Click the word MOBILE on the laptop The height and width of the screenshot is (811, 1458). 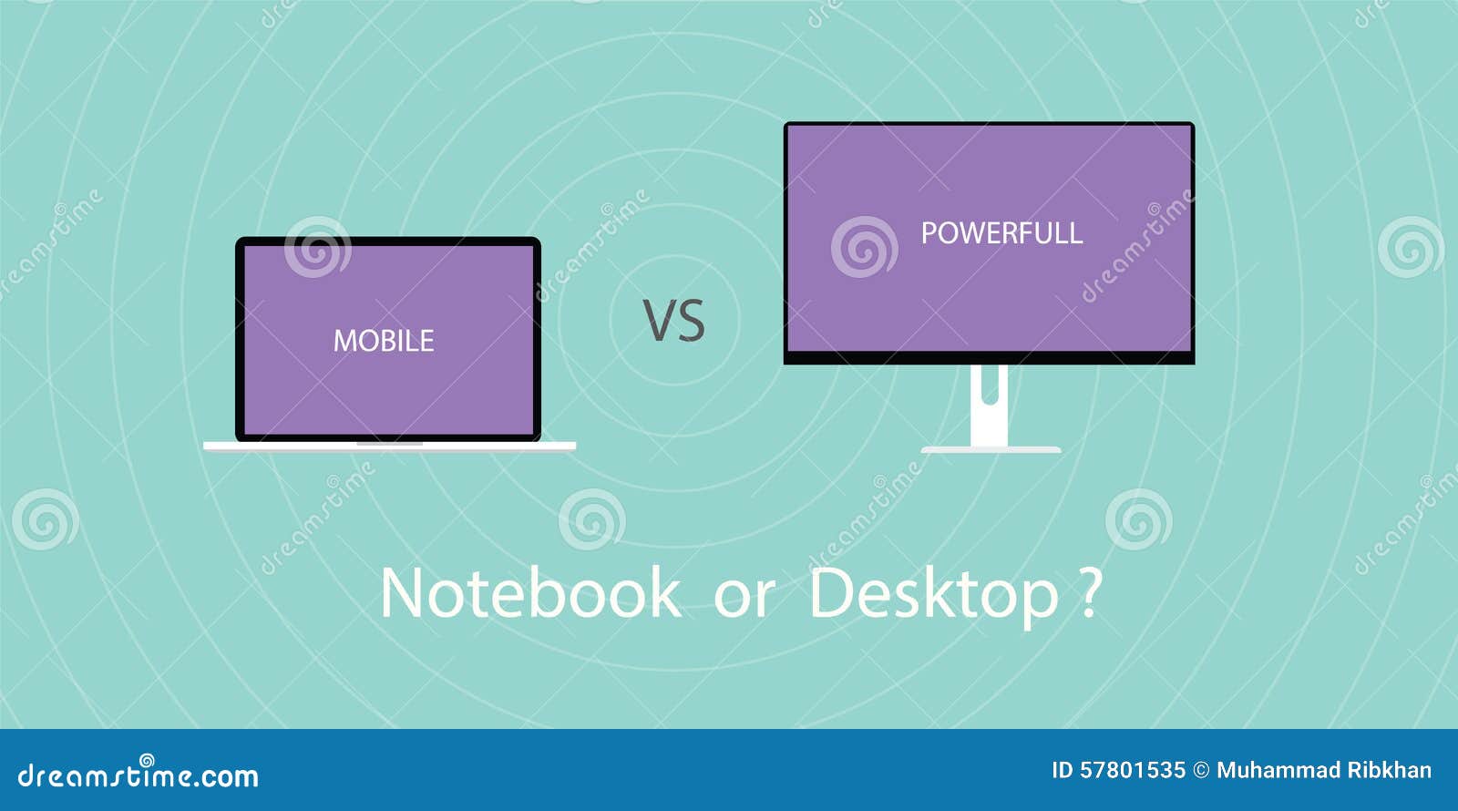click(384, 341)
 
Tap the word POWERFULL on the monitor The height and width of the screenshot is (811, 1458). click(1001, 233)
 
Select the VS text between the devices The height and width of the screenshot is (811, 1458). click(674, 321)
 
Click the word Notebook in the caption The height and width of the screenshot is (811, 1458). click(529, 593)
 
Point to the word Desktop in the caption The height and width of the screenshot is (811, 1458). click(933, 594)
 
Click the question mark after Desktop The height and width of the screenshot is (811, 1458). click(1089, 593)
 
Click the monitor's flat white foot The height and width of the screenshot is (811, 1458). click(991, 449)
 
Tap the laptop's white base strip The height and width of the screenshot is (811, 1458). click(389, 447)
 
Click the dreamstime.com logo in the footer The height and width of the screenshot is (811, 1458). click(139, 775)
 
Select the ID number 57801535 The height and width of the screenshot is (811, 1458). click(1133, 771)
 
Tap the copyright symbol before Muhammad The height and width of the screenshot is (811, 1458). click(1201, 771)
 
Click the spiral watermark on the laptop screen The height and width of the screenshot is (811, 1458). click(317, 247)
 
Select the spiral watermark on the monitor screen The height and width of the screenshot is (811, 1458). click(864, 247)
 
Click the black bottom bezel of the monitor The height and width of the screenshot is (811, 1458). click(989, 358)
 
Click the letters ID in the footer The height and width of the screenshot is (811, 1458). click(1063, 771)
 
